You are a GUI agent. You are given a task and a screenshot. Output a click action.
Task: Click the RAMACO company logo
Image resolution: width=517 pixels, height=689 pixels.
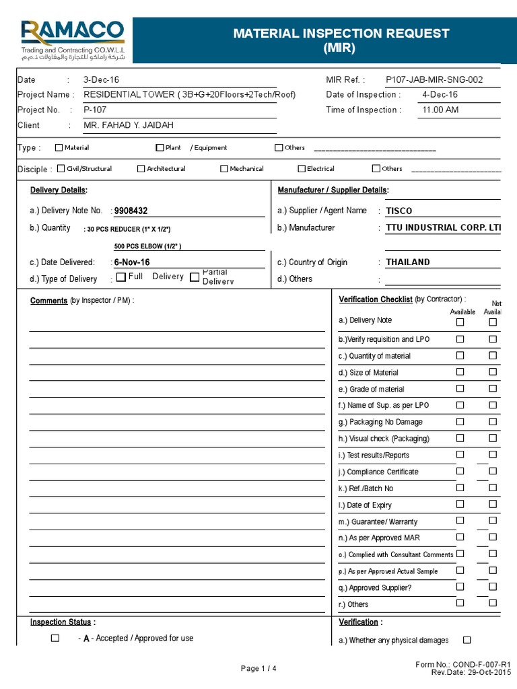click(72, 40)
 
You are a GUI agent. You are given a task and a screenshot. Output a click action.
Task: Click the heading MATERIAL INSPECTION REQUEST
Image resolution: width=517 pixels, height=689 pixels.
click(341, 34)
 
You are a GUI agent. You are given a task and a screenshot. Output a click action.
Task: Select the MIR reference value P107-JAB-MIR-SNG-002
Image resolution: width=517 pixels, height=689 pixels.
click(434, 79)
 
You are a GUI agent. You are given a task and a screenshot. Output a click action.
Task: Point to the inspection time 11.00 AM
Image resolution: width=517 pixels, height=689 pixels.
click(440, 110)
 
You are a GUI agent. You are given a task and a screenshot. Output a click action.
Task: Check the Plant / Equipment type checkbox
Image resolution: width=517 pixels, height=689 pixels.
click(160, 147)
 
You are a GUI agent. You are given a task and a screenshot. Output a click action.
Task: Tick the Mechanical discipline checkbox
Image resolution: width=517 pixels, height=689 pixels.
click(224, 169)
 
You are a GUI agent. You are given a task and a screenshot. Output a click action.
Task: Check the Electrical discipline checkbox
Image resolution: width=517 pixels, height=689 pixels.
click(302, 169)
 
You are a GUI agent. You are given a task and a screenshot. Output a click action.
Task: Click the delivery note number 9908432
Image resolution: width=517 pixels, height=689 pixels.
click(131, 211)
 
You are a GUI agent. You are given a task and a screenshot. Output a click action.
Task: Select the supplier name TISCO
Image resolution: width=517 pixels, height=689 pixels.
click(399, 211)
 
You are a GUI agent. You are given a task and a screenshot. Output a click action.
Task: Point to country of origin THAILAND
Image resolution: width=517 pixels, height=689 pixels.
click(407, 262)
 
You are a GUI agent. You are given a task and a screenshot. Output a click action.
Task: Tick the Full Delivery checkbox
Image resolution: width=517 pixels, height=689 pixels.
click(120, 277)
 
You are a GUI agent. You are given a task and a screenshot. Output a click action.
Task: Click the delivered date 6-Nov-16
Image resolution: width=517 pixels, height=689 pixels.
click(132, 262)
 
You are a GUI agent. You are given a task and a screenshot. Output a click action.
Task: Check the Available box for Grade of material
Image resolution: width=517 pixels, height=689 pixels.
click(460, 388)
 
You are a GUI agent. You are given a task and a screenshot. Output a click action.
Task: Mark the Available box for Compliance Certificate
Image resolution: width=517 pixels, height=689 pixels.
click(460, 471)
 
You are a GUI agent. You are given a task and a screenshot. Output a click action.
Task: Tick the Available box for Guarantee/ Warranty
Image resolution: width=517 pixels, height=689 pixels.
click(460, 520)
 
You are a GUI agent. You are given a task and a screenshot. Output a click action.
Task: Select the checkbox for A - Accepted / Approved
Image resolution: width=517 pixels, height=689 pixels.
click(55, 638)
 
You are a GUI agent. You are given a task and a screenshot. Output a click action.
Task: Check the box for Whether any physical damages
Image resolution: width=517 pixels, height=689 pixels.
click(467, 640)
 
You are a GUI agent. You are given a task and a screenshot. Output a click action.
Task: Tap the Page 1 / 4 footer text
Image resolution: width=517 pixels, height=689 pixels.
click(258, 668)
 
